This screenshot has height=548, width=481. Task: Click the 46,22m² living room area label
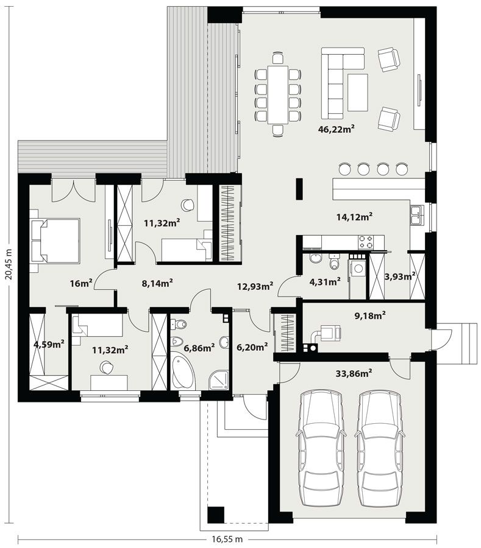coord(337,129)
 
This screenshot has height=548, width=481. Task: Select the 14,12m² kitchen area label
coord(354,217)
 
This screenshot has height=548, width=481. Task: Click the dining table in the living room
coord(278,94)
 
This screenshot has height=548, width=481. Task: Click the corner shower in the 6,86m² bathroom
coord(219,379)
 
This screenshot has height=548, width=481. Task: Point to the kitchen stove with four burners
coord(366,242)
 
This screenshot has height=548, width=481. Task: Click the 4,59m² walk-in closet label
coord(49,344)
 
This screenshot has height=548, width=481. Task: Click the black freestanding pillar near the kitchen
coord(299,189)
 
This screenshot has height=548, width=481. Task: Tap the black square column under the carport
coord(215,514)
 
